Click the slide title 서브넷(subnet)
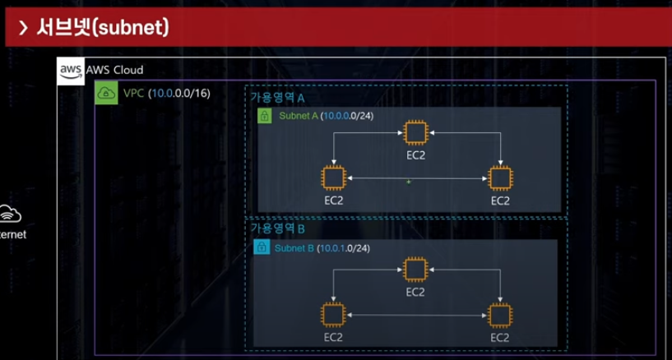103,29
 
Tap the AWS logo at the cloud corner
71,72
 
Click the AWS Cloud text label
114,71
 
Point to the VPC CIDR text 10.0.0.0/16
180,93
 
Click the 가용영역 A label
277,97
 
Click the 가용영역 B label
277,228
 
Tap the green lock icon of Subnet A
265,116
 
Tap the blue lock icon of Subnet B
261,247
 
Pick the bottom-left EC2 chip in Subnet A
333,178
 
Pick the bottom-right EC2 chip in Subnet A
499,178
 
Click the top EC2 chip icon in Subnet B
415,269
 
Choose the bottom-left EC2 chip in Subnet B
333,315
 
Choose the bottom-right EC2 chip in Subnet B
499,315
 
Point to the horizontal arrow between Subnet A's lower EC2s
415,178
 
